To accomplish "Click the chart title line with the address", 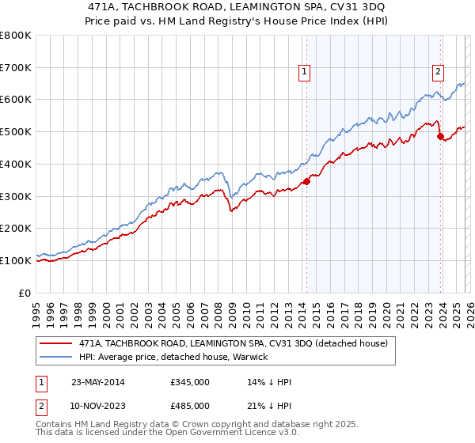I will [x=237, y=7].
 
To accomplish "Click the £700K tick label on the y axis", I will [x=16, y=67].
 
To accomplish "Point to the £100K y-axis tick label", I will [x=16, y=260].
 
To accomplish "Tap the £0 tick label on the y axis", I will [x=25, y=293].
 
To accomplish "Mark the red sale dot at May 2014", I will [x=306, y=181].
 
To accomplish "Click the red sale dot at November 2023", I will [x=439, y=136].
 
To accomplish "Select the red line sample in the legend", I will [x=56, y=344].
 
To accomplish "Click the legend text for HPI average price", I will [x=173, y=358].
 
